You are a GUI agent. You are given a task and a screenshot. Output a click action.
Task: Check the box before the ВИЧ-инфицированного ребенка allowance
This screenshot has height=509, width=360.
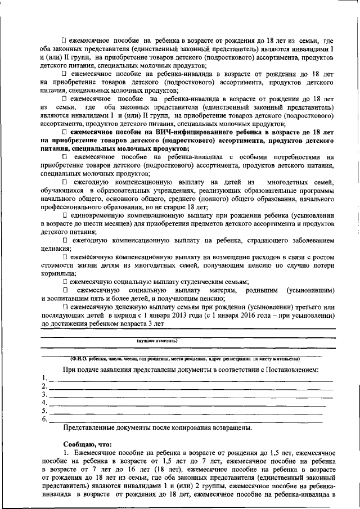(65, 131)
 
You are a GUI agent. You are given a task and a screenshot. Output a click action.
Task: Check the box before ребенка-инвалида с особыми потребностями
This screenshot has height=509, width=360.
(65, 157)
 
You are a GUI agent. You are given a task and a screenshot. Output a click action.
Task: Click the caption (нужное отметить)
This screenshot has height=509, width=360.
(157, 340)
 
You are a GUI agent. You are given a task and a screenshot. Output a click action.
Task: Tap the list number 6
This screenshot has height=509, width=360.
(44, 419)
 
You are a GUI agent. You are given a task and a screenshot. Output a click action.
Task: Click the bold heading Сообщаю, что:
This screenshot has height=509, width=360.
(84, 443)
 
